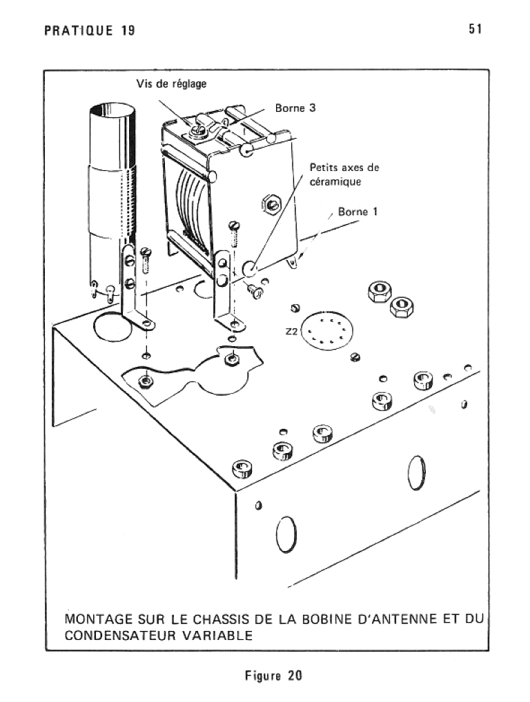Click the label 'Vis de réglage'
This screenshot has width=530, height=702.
[x=171, y=84]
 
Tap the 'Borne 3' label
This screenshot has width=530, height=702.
[x=295, y=108]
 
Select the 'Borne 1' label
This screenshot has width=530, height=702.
[x=357, y=211]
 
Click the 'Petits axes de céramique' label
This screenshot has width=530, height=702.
[x=344, y=174]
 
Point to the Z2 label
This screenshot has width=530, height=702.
[x=292, y=332]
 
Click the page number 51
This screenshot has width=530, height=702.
[x=475, y=29]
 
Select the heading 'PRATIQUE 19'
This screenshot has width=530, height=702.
[x=90, y=30]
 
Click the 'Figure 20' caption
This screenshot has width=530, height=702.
[x=273, y=675]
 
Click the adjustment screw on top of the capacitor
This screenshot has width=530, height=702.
[x=198, y=130]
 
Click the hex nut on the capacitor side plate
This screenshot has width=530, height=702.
[x=271, y=205]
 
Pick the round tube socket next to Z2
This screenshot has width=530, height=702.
[x=326, y=331]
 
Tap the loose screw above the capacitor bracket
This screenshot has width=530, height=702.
[x=234, y=234]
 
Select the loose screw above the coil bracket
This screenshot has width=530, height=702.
[x=146, y=260]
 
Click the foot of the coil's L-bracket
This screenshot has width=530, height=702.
[x=144, y=322]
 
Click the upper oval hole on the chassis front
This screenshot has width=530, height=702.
[x=417, y=473]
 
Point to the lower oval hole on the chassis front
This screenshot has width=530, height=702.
[x=286, y=534]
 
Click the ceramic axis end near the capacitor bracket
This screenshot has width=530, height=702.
[x=250, y=269]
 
